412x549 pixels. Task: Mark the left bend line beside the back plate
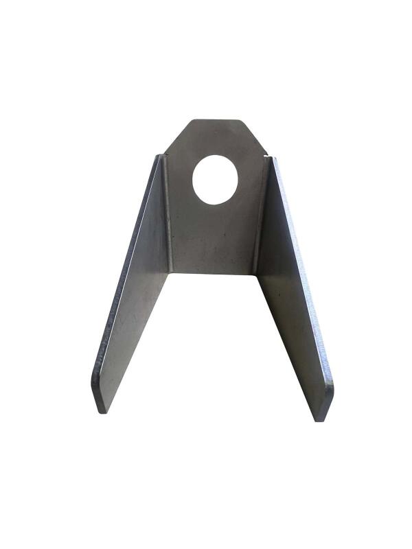point(167,213)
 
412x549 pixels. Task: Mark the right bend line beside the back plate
point(259,213)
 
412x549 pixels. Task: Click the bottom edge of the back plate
point(213,272)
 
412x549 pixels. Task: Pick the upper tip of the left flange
point(159,157)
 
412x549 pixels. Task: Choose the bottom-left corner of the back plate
point(171,271)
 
